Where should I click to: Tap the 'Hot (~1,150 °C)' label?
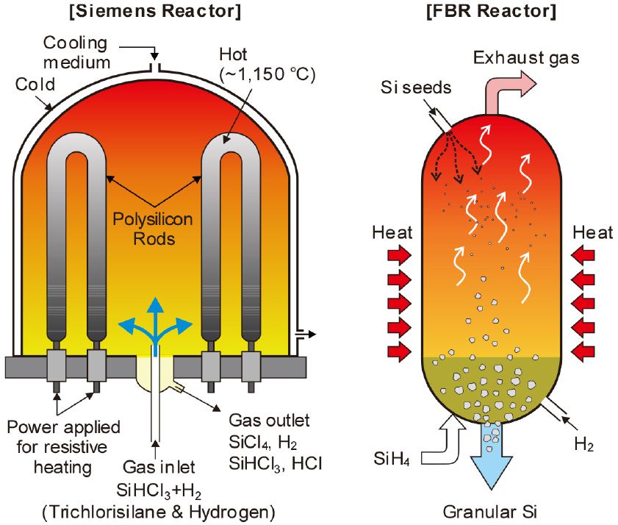point(267,64)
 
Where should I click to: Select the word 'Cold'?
point(35,85)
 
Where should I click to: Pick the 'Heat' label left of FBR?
point(392,233)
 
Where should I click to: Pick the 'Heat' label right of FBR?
point(593,233)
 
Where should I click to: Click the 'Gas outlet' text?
point(270,421)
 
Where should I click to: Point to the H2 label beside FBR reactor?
point(584,444)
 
